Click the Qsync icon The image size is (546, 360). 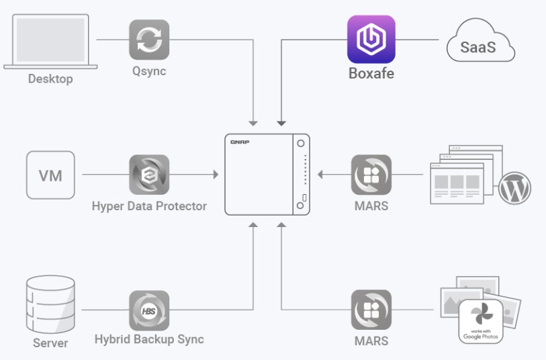pyautogui.click(x=149, y=40)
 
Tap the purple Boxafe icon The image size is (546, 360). pyautogui.click(x=371, y=40)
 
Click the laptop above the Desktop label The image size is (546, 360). pyautogui.click(x=50, y=42)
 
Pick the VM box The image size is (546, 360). pyautogui.click(x=50, y=175)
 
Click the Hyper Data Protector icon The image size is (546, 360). pyautogui.click(x=149, y=175)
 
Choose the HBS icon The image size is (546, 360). pyautogui.click(x=149, y=310)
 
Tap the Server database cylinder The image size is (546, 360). pyautogui.click(x=50, y=306)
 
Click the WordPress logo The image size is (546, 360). pyautogui.click(x=514, y=189)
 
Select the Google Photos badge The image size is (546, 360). pyautogui.click(x=482, y=322)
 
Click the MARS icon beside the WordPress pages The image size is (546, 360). pyautogui.click(x=371, y=175)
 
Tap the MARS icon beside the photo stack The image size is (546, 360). pyautogui.click(x=371, y=310)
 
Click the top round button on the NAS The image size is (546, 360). pyautogui.click(x=302, y=144)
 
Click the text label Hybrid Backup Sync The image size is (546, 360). pyautogui.click(x=149, y=339)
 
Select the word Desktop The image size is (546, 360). pyautogui.click(x=50, y=79)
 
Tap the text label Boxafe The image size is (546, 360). pyautogui.click(x=371, y=73)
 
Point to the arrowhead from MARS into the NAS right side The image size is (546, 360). pyautogui.click(x=320, y=175)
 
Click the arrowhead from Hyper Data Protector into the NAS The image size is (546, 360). pyautogui.click(x=216, y=175)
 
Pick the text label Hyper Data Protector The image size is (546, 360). pyautogui.click(x=149, y=206)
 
